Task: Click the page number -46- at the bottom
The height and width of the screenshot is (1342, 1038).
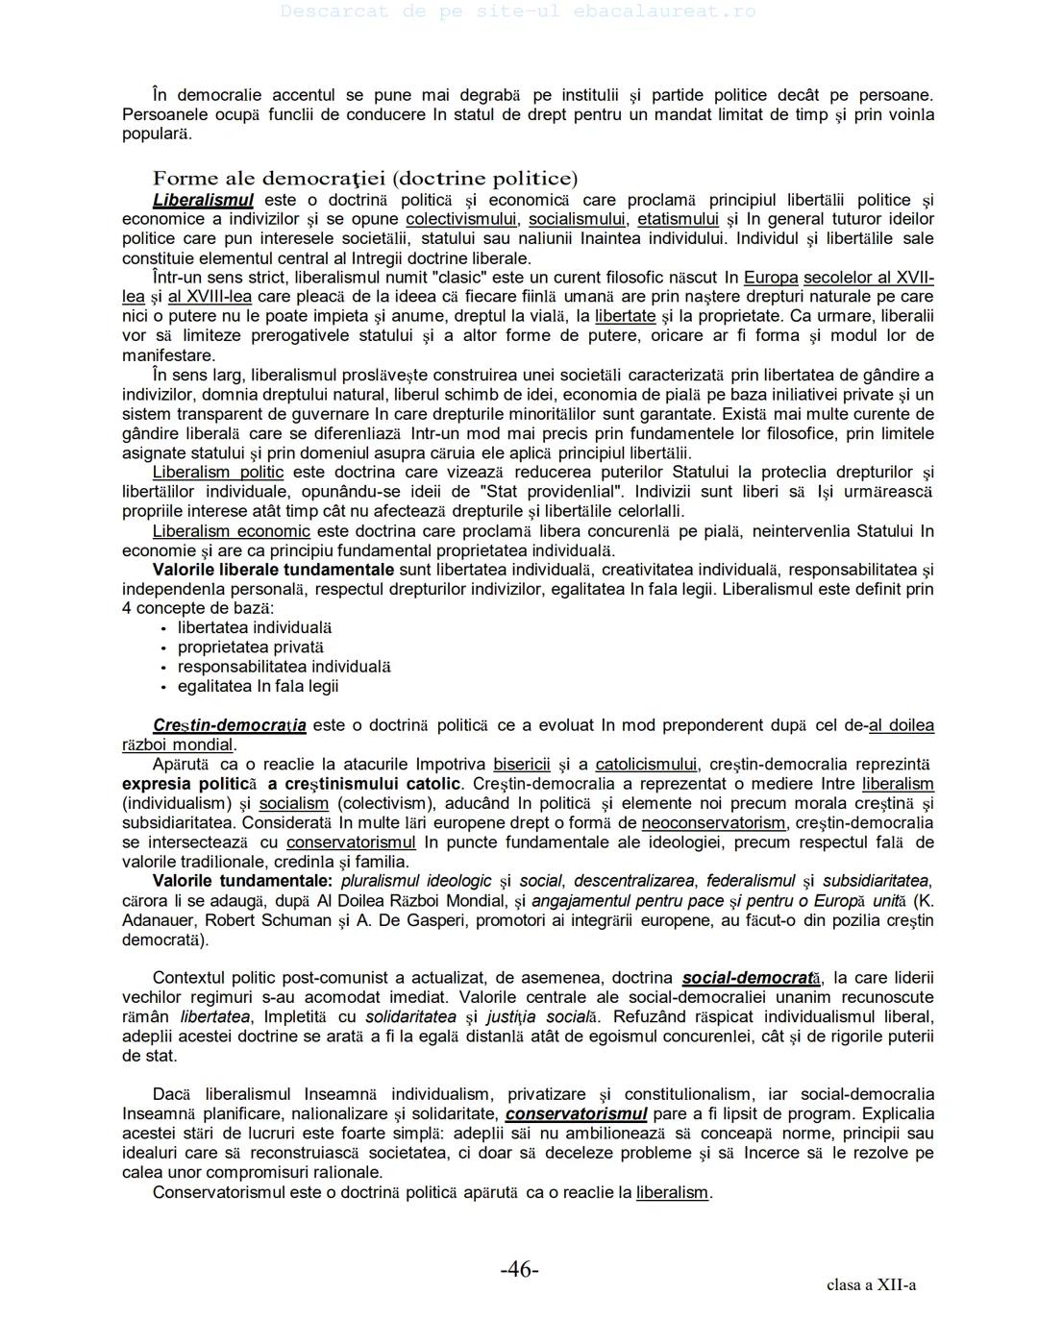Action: click(519, 1270)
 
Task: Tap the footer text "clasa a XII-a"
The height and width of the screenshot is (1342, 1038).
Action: click(871, 1285)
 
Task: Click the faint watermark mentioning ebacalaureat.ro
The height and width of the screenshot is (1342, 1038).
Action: click(519, 12)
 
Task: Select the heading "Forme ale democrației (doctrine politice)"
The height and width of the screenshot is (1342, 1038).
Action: click(365, 179)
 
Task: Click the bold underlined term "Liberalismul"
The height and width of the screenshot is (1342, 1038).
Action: click(203, 200)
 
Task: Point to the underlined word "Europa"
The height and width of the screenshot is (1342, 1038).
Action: click(771, 278)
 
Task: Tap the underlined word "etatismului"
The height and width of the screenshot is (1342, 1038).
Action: click(678, 219)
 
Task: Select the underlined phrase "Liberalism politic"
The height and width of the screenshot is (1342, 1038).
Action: click(218, 472)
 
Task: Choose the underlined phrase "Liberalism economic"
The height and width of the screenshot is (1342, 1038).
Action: click(232, 531)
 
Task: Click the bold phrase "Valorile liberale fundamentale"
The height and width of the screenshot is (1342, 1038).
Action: click(273, 570)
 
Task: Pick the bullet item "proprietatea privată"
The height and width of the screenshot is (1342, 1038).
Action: click(251, 647)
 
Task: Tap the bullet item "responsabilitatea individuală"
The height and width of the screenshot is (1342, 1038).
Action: click(284, 667)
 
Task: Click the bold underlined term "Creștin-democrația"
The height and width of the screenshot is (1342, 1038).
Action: click(230, 725)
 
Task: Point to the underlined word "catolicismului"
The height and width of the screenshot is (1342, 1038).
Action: click(646, 765)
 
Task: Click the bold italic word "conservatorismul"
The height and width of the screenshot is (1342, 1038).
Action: click(577, 1114)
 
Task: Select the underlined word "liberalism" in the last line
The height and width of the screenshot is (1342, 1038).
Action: click(672, 1192)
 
